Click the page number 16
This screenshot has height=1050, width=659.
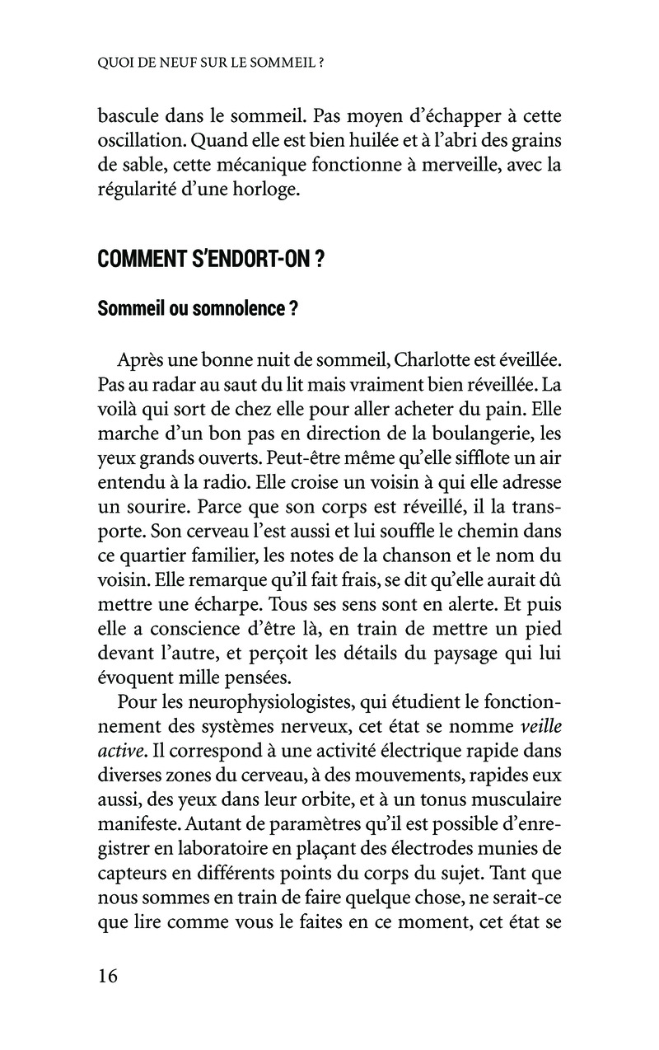tap(108, 976)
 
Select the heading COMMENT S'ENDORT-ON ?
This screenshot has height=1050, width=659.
tap(210, 260)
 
